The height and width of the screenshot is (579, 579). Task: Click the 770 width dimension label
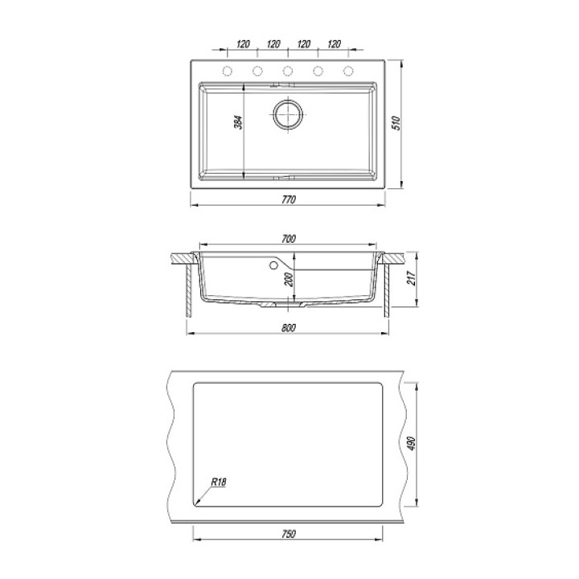289,199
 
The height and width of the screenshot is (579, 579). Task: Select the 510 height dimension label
396,123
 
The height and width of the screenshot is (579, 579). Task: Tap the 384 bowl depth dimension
240,122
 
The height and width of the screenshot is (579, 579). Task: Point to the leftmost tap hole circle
227,71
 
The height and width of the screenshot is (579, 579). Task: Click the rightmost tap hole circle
348,71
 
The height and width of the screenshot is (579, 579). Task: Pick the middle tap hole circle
288,71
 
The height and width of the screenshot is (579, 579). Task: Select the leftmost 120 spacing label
243,44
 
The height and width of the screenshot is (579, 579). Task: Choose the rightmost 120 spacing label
334,44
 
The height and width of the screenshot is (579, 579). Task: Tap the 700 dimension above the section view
289,239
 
